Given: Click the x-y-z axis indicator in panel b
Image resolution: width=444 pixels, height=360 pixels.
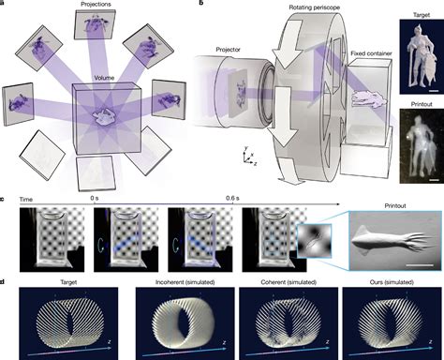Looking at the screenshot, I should click(x=245, y=155).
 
